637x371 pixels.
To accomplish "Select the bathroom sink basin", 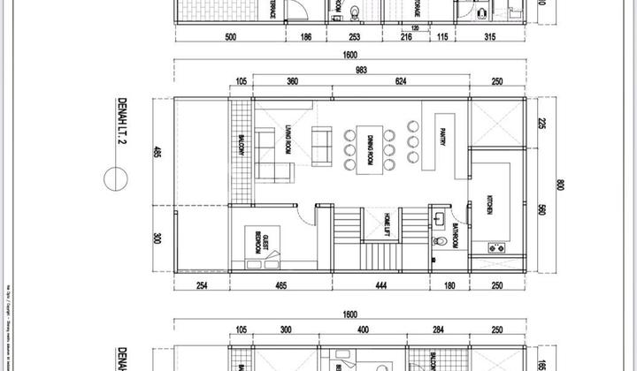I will [x=440, y=217].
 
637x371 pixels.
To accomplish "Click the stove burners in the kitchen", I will [x=496, y=248].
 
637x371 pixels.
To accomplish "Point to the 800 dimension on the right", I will [x=560, y=185].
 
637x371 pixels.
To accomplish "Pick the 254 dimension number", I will [x=203, y=284].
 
